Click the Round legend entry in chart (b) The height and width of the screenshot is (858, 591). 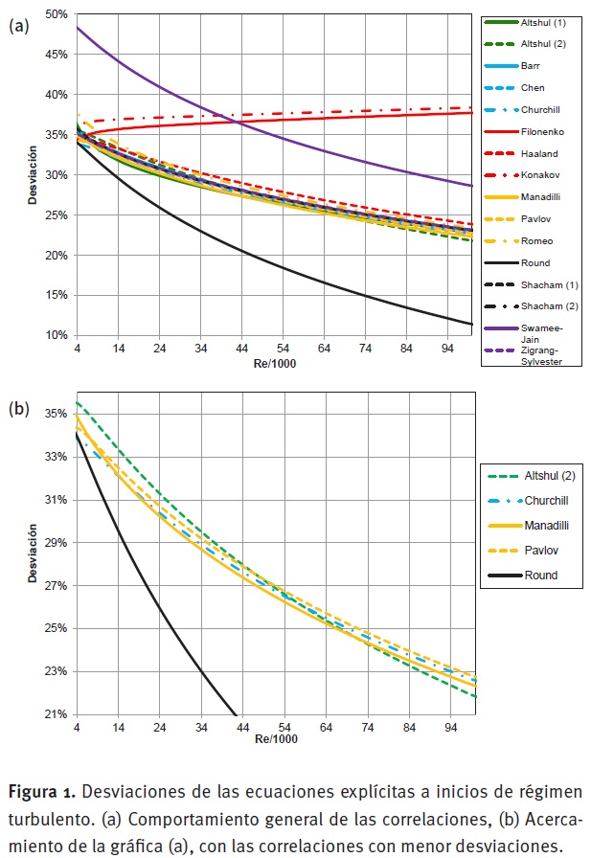pyautogui.click(x=540, y=576)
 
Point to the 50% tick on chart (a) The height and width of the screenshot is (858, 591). pyautogui.click(x=56, y=14)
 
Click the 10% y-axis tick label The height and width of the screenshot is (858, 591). pyautogui.click(x=56, y=335)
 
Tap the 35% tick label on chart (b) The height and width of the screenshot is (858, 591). pyautogui.click(x=56, y=414)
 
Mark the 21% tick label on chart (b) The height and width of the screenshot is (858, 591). pyautogui.click(x=56, y=714)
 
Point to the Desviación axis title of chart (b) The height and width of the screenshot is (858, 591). pyautogui.click(x=34, y=553)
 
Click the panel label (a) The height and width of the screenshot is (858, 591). pyautogui.click(x=18, y=26)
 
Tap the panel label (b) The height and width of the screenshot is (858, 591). pyautogui.click(x=18, y=408)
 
